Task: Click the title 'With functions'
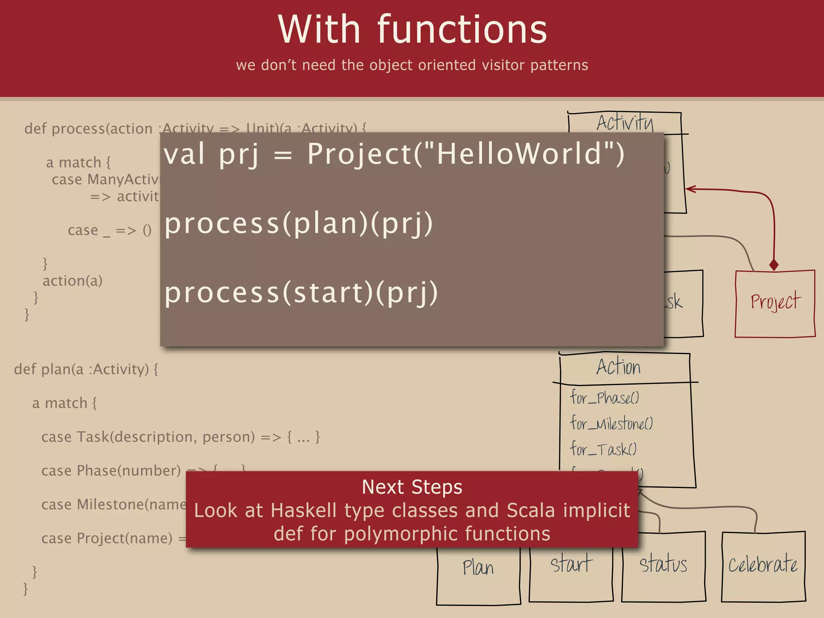[412, 30]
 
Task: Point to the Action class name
[619, 367]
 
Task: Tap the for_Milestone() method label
[611, 424]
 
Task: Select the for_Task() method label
[603, 449]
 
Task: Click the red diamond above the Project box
[773, 265]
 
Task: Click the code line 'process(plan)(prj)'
[299, 224]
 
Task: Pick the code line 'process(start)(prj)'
[301, 293]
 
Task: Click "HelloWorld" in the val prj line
[519, 154]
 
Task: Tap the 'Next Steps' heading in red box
[412, 487]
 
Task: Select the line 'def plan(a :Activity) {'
[86, 369]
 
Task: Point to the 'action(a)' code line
[72, 281]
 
